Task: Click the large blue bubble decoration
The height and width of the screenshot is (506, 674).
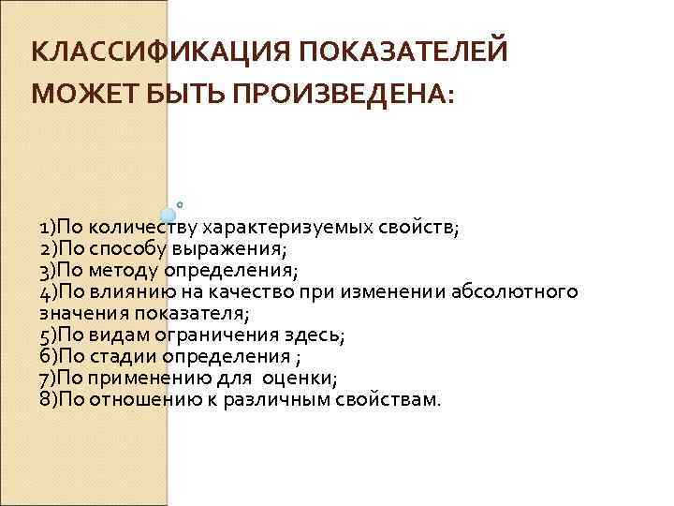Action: pyautogui.click(x=168, y=216)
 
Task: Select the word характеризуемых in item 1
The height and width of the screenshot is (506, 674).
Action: pyautogui.click(x=269, y=228)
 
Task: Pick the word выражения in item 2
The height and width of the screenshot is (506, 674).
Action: pyautogui.click(x=243, y=249)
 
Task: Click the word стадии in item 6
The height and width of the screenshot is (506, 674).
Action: pyautogui.click(x=124, y=356)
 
